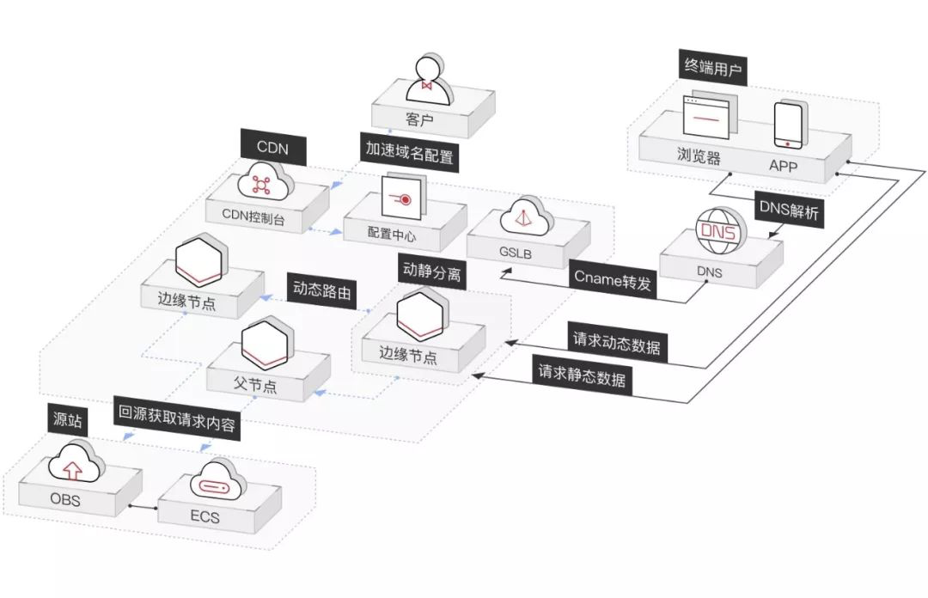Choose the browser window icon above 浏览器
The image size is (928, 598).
pyautogui.click(x=710, y=117)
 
